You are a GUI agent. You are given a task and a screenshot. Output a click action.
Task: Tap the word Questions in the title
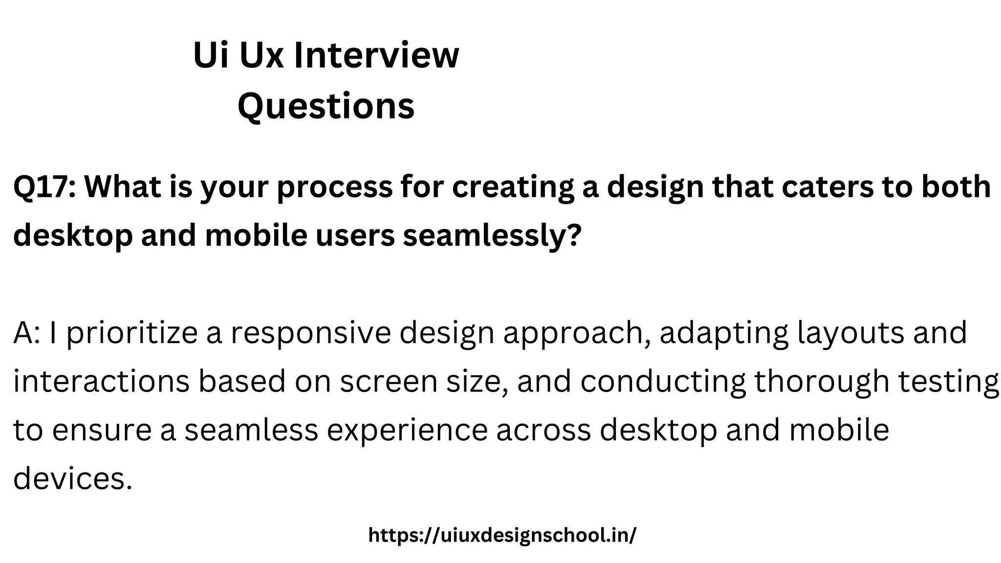tap(326, 106)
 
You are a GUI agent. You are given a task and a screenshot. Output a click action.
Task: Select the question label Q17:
tap(44, 187)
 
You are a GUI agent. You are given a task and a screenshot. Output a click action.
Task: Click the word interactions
tap(101, 382)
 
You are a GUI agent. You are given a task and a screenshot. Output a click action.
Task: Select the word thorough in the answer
tap(822, 382)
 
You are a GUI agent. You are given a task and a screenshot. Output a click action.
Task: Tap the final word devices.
tap(73, 478)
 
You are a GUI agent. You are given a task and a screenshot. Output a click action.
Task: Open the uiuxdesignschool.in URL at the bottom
tap(502, 535)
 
